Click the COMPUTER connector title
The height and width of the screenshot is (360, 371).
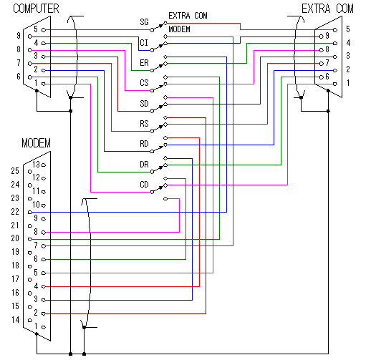(x=36, y=9)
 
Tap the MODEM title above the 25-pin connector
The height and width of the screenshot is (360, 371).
(x=37, y=143)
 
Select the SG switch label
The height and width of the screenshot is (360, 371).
(x=144, y=22)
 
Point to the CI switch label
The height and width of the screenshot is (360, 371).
(x=144, y=43)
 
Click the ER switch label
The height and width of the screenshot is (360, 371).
(x=144, y=63)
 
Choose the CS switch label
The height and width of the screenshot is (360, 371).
(x=144, y=83)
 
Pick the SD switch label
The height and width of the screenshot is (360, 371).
(x=144, y=104)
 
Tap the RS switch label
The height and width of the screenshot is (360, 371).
(x=144, y=124)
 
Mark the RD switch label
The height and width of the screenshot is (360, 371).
(x=144, y=144)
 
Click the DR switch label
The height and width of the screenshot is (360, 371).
(x=144, y=165)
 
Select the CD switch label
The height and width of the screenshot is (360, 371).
(x=144, y=185)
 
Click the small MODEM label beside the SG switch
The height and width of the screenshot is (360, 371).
(x=179, y=29)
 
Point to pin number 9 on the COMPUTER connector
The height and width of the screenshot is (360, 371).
(x=19, y=36)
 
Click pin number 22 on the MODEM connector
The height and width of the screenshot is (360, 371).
(x=15, y=212)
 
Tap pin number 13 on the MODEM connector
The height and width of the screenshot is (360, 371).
(x=36, y=165)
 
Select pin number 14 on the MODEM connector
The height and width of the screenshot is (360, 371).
(x=16, y=320)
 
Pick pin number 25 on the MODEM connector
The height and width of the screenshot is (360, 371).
(x=15, y=171)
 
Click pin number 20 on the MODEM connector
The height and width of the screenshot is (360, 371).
(x=15, y=238)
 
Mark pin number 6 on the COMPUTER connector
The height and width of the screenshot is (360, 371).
(x=19, y=77)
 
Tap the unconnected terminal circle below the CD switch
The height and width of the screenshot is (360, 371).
(x=165, y=198)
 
